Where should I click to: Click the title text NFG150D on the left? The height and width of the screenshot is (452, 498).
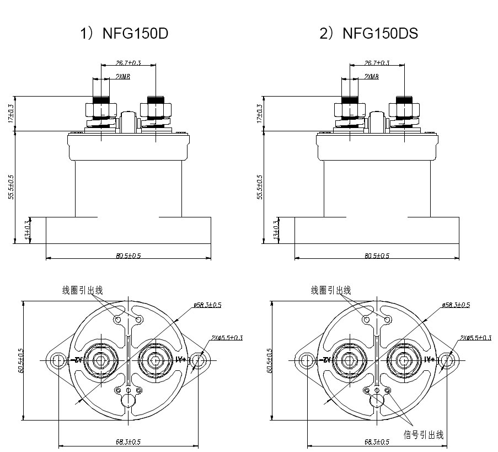pyautogui.click(x=135, y=33)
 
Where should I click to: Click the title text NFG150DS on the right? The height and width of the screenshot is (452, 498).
pyautogui.click(x=380, y=33)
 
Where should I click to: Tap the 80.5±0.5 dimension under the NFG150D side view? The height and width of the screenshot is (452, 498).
pyautogui.click(x=129, y=256)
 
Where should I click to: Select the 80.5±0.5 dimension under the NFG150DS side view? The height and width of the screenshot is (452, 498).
pyautogui.click(x=377, y=256)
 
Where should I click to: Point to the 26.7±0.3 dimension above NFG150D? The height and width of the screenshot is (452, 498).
pyautogui.click(x=128, y=63)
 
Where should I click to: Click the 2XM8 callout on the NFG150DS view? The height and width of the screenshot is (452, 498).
pyautogui.click(x=371, y=77)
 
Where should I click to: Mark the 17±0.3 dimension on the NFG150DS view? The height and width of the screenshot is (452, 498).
pyautogui.click(x=260, y=114)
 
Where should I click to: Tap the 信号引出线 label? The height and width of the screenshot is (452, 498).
pyautogui.click(x=424, y=434)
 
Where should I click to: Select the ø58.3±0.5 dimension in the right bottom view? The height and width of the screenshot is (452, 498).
pyautogui.click(x=456, y=305)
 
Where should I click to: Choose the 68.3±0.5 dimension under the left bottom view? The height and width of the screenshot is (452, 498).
pyautogui.click(x=129, y=442)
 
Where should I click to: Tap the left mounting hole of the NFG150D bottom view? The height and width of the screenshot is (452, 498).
pyautogui.click(x=57, y=361)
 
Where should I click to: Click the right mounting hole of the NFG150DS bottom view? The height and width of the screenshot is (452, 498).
pyautogui.click(x=448, y=361)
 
